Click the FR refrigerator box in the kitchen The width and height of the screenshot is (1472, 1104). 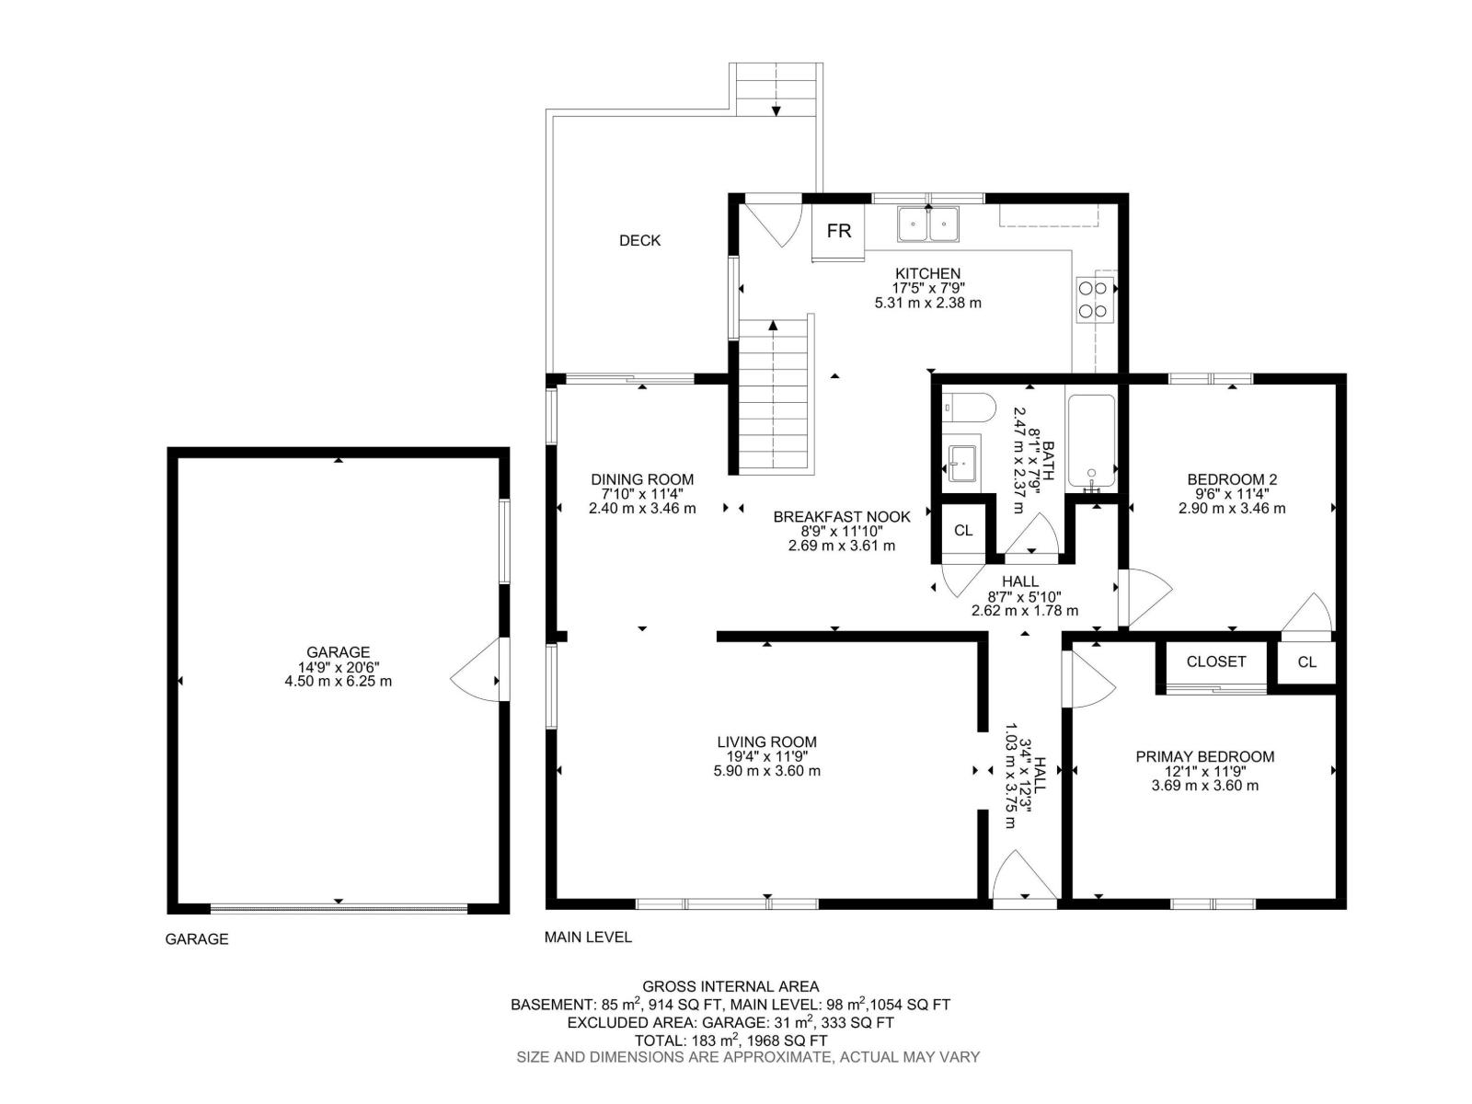838,231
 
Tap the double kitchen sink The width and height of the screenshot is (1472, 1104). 928,224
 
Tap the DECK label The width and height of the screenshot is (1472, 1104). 639,240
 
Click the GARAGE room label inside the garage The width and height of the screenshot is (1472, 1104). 339,652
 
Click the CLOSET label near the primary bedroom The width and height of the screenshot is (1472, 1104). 1215,661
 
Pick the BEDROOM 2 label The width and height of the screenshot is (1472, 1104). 1232,479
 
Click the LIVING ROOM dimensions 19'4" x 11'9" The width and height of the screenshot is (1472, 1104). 766,756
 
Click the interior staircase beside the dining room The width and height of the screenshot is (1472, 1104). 774,396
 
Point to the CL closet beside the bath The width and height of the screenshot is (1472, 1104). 962,531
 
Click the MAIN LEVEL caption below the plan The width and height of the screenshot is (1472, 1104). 588,937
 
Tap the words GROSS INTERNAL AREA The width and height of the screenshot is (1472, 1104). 730,986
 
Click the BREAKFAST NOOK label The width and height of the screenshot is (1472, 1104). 841,517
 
